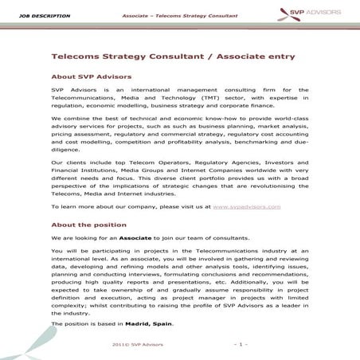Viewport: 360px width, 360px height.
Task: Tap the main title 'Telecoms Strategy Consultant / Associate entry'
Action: [x=173, y=58]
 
